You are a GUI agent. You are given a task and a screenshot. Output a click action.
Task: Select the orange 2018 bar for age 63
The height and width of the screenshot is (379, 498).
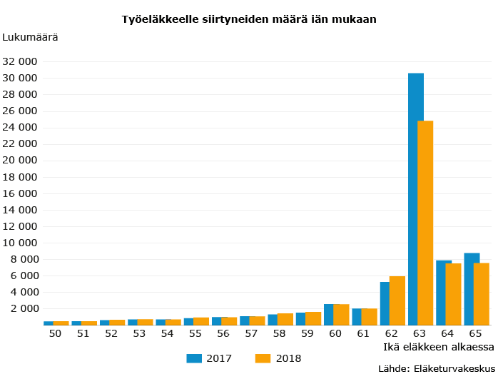click(426, 223)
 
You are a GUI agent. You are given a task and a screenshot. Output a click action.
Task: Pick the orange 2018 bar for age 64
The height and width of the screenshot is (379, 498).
click(454, 294)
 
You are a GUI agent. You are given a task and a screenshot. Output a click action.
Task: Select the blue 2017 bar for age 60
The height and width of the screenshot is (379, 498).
click(328, 315)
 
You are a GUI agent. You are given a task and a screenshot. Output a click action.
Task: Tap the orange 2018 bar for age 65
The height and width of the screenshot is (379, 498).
click(482, 294)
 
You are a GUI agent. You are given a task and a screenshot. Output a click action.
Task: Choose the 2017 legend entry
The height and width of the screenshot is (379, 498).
click(209, 358)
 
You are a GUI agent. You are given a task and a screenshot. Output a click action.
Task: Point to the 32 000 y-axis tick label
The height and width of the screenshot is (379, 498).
click(20, 61)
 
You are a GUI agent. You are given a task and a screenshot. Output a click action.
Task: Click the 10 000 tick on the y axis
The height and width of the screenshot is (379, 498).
click(20, 243)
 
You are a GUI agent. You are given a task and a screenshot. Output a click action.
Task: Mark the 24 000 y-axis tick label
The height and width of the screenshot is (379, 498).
click(20, 127)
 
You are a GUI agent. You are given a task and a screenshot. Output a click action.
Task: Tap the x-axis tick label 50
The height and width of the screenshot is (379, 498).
click(55, 333)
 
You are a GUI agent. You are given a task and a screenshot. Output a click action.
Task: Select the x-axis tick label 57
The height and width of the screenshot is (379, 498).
click(251, 333)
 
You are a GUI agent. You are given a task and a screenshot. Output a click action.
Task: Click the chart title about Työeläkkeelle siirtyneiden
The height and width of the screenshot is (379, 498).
click(249, 19)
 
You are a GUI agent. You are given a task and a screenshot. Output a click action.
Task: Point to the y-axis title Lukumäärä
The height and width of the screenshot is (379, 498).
click(31, 36)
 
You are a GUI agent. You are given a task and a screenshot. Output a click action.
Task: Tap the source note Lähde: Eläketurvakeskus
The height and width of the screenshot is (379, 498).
click(436, 368)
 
